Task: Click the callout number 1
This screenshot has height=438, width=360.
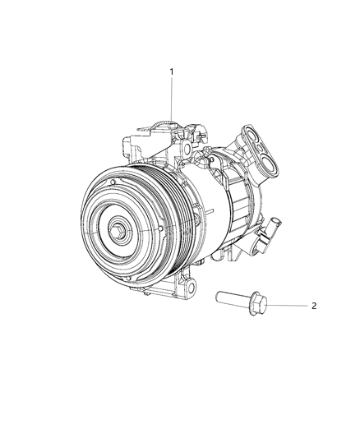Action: pos(172,72)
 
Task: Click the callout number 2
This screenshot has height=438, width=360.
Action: pos(314,306)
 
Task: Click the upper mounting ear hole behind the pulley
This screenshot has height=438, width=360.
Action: pos(187,146)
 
